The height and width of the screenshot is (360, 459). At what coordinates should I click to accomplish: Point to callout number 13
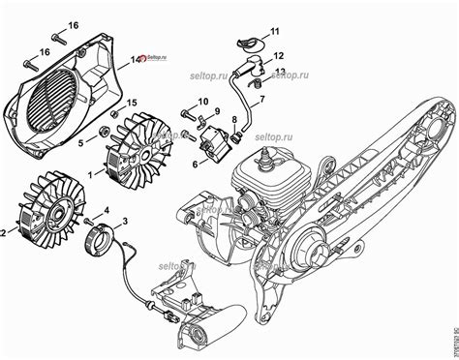(x=279, y=71)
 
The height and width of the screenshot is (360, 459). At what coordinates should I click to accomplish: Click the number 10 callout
(x=203, y=102)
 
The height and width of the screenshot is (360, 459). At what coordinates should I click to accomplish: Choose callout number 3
(x=124, y=223)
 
